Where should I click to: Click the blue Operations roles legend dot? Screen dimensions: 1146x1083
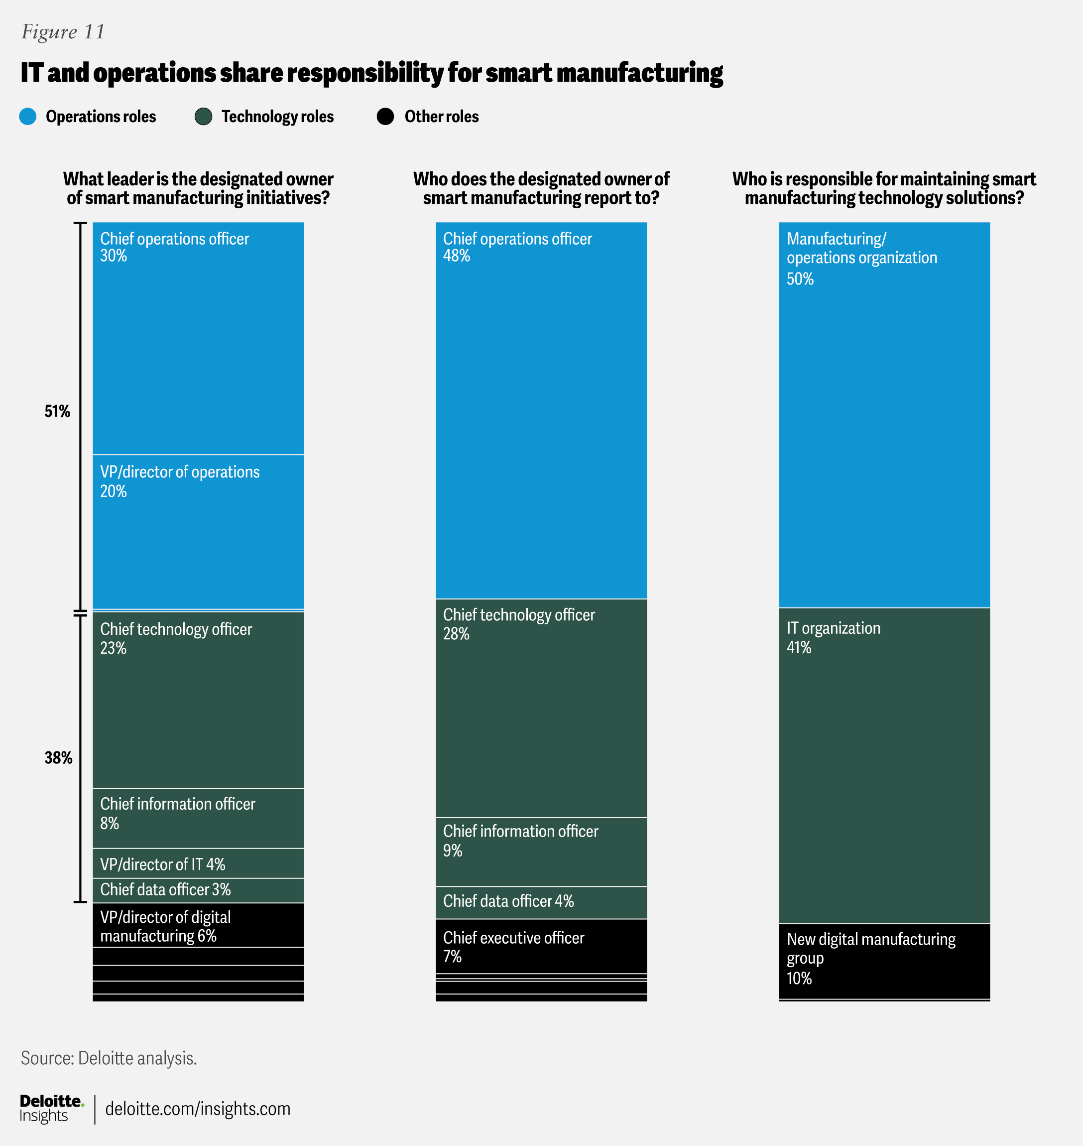pyautogui.click(x=28, y=117)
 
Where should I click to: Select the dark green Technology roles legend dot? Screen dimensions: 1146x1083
pyautogui.click(x=203, y=117)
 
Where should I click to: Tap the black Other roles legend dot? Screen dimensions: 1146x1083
pyautogui.click(x=385, y=117)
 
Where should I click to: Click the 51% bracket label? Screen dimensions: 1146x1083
pyautogui.click(x=57, y=411)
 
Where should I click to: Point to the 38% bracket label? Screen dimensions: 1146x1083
pyautogui.click(x=58, y=758)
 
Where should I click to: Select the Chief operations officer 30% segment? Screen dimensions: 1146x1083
pyautogui.click(x=198, y=338)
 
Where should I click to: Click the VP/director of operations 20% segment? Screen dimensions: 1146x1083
pyautogui.click(x=198, y=532)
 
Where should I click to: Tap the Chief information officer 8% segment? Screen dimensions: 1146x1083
pyautogui.click(x=198, y=818)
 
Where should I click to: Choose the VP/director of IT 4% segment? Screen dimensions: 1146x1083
pyautogui.click(x=198, y=863)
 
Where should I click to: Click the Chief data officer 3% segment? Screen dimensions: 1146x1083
pyautogui.click(x=198, y=890)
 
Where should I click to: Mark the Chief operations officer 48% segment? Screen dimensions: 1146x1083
pyautogui.click(x=541, y=410)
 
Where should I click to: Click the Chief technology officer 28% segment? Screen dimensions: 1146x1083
pyautogui.click(x=541, y=708)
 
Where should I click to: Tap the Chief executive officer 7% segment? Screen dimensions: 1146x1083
pyautogui.click(x=541, y=946)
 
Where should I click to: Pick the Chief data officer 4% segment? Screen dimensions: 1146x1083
pyautogui.click(x=541, y=902)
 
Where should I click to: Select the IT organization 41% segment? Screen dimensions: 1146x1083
pyautogui.click(x=884, y=765)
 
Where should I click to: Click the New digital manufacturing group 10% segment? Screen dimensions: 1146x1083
pyautogui.click(x=884, y=961)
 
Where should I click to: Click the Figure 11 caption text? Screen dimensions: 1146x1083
pyautogui.click(x=63, y=32)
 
